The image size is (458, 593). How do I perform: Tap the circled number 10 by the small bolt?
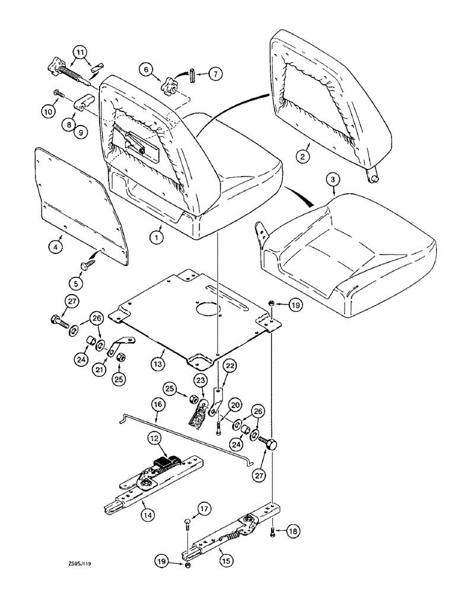coord(48,111)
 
